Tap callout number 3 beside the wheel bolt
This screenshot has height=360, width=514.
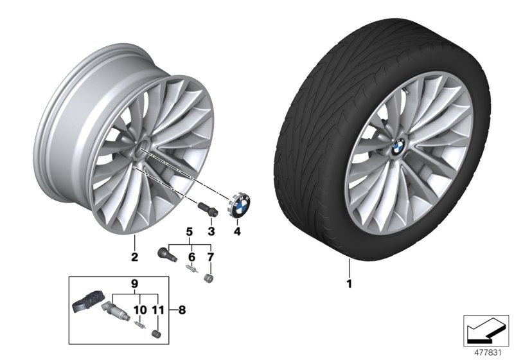coord(211,230)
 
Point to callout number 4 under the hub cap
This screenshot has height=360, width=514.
coord(237,230)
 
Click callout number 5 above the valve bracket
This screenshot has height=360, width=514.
coord(190,231)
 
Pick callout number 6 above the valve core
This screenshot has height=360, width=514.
coord(190,257)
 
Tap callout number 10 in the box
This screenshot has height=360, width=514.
coord(136,309)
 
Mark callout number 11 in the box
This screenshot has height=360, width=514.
coord(156,309)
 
